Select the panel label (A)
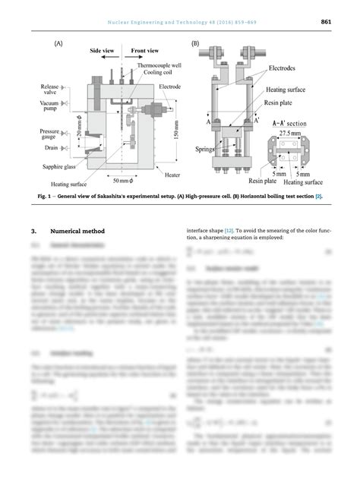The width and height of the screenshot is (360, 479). point(58,45)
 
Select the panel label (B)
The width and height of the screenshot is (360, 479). point(196,45)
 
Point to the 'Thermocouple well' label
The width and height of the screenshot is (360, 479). point(151,66)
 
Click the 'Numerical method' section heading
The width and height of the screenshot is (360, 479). point(78,230)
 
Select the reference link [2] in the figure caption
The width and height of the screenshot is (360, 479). point(319,197)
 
